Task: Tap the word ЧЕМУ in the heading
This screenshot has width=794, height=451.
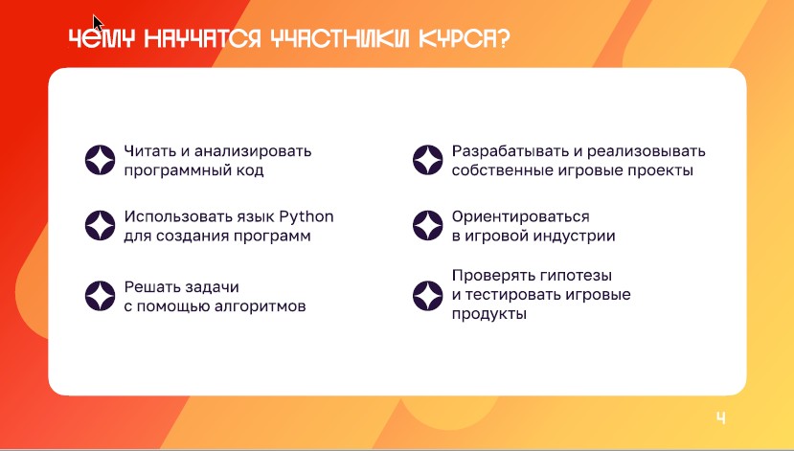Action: point(102,38)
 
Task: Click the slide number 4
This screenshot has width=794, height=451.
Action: point(721,417)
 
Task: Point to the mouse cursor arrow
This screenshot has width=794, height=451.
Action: point(98,23)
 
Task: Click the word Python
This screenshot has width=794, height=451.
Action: point(306,217)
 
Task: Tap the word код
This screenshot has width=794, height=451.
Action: point(250,170)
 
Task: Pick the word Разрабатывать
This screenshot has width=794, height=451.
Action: point(510,151)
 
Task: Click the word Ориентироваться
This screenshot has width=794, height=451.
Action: point(521,216)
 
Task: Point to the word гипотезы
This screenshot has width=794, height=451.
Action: point(576,276)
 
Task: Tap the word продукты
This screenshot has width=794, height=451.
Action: point(489,314)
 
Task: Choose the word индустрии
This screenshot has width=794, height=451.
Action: point(577,236)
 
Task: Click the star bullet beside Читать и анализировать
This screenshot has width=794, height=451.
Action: point(101,160)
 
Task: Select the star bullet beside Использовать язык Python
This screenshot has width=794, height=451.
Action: point(101,225)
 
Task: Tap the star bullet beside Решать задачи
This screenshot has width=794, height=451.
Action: point(101,296)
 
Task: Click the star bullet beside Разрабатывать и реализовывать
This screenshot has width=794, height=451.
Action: point(428,160)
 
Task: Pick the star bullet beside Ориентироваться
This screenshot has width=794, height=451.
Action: point(428,225)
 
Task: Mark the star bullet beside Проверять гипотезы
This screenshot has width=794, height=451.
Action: point(428,296)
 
